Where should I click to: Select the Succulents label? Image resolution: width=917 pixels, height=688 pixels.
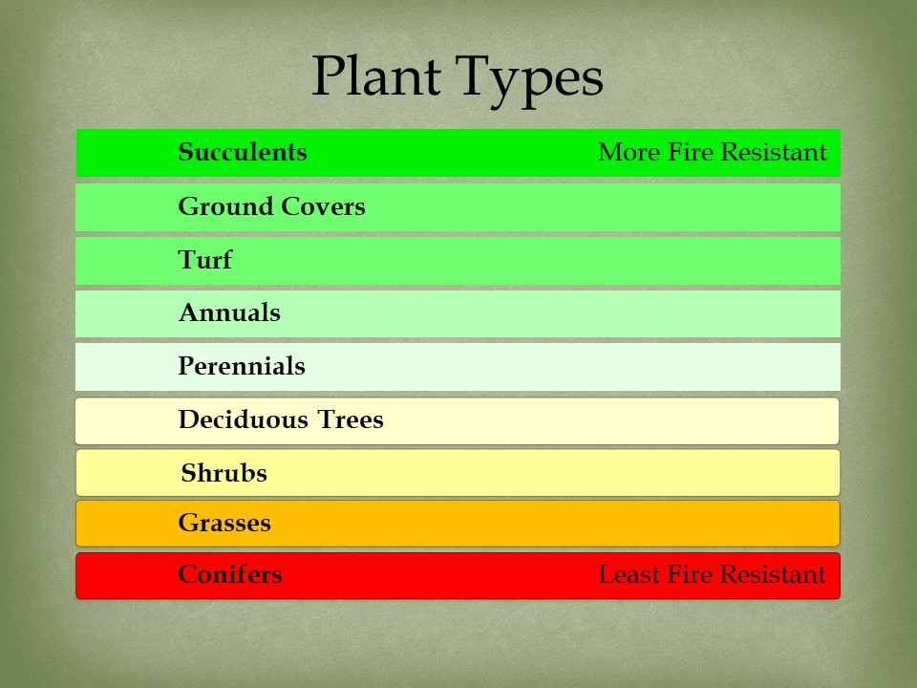(243, 153)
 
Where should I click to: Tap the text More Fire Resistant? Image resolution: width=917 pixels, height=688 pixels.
(713, 153)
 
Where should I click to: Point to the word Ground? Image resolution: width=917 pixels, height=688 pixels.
(223, 206)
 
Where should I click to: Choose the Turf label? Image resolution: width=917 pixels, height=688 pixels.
(204, 260)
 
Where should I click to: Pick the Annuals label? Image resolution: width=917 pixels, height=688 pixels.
(229, 313)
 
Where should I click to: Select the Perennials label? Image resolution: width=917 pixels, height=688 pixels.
(242, 367)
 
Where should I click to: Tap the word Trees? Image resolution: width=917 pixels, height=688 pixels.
(352, 420)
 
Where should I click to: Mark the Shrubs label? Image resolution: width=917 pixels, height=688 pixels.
(224, 474)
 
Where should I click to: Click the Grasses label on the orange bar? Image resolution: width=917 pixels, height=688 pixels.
(224, 524)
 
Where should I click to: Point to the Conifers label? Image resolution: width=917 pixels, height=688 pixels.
(230, 575)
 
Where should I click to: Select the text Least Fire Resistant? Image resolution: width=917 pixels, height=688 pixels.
(712, 575)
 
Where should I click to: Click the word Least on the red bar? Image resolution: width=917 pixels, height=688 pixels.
(627, 575)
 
